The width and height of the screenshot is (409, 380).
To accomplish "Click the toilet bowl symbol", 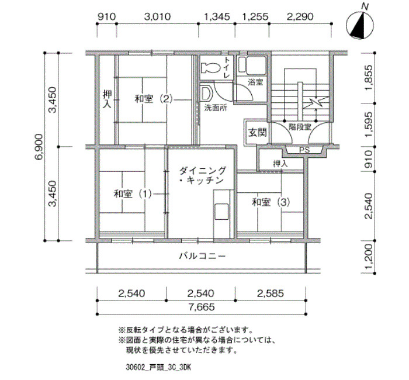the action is (210, 68).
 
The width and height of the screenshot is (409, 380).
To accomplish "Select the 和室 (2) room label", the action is (154, 99).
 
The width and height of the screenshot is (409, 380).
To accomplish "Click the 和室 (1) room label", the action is (133, 194).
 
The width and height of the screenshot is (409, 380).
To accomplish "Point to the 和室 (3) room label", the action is (271, 202).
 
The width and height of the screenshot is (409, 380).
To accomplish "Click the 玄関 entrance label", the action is (258, 133).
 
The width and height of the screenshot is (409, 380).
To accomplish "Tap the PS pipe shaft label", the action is (304, 150).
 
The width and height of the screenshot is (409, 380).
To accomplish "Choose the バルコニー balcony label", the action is (202, 256).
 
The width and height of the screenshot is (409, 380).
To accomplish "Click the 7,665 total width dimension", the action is (202, 307).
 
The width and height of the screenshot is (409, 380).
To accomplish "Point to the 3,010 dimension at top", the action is (158, 17).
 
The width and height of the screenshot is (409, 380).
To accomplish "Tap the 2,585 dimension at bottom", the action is (271, 293).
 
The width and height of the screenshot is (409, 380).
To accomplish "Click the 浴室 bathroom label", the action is (255, 82).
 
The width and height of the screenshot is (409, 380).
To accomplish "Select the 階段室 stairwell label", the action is (300, 127).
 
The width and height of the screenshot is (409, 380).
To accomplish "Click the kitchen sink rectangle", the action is (221, 212).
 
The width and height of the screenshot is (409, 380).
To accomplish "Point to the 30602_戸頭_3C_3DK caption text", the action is (158, 368).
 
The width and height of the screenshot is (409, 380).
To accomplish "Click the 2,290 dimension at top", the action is (300, 17).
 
